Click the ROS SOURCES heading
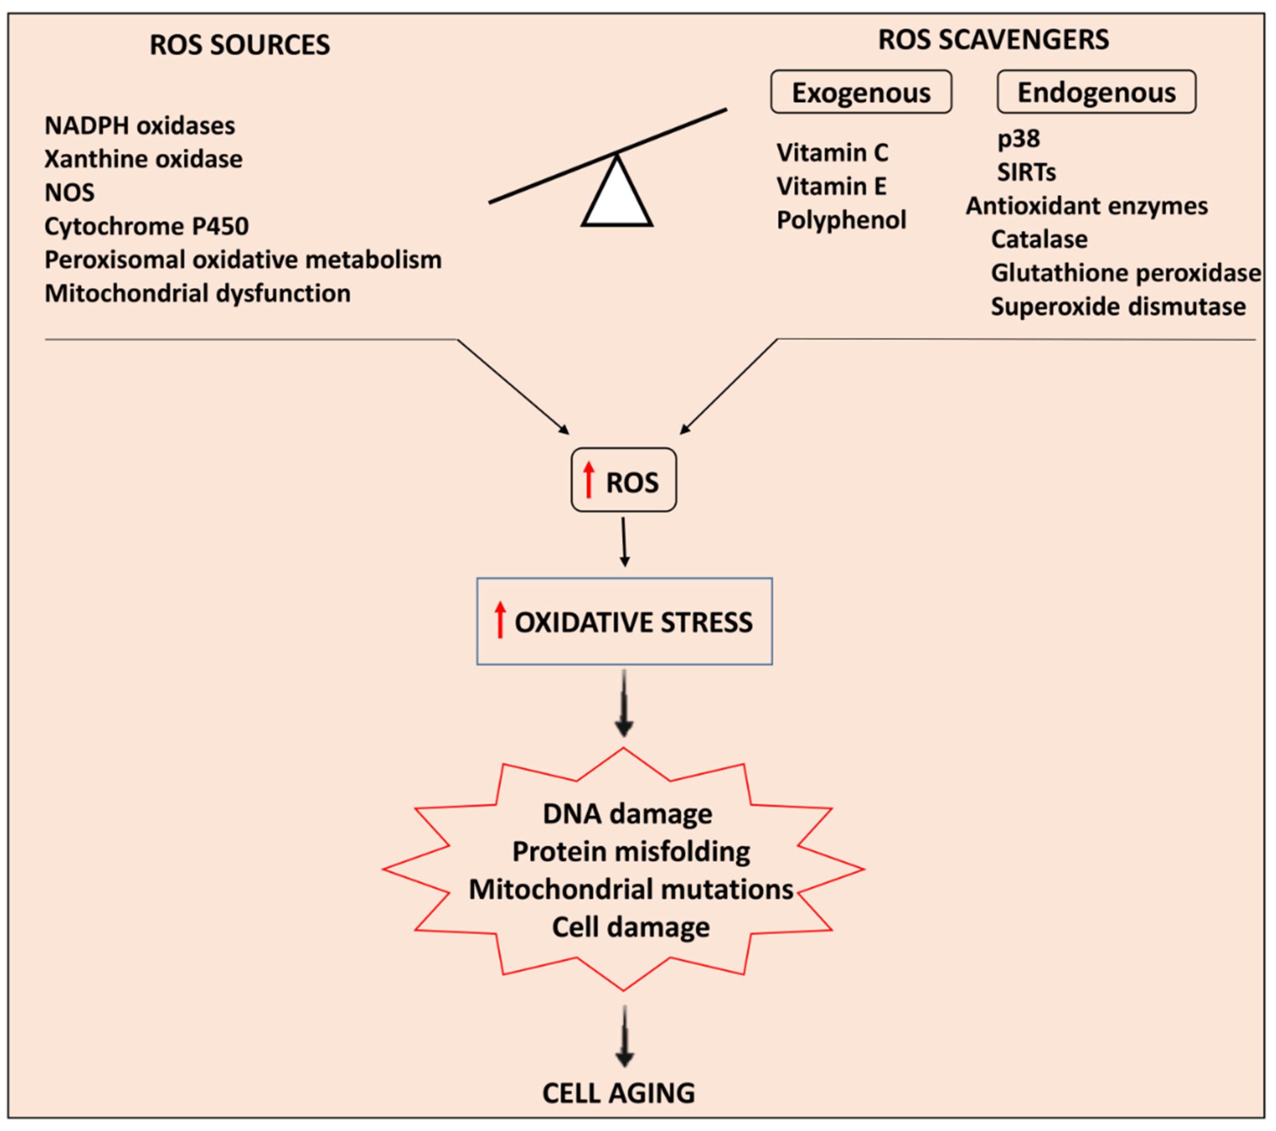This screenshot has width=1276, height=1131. [240, 45]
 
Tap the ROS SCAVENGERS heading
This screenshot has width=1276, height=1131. [993, 39]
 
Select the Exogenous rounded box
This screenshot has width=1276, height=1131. [861, 92]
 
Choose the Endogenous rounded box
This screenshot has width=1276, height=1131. [1096, 92]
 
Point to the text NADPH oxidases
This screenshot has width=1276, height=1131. [140, 126]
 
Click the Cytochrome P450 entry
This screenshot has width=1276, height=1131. [147, 226]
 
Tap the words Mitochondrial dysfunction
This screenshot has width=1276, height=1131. [197, 293]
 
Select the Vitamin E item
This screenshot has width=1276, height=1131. [832, 186]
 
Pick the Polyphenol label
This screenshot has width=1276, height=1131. [841, 220]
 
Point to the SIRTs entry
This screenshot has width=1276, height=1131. [1026, 172]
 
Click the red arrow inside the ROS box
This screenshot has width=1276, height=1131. [589, 479]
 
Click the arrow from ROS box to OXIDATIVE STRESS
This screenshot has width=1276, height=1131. [624, 542]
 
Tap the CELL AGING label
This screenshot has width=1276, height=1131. [618, 1093]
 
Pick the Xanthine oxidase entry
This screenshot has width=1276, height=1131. [143, 159]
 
